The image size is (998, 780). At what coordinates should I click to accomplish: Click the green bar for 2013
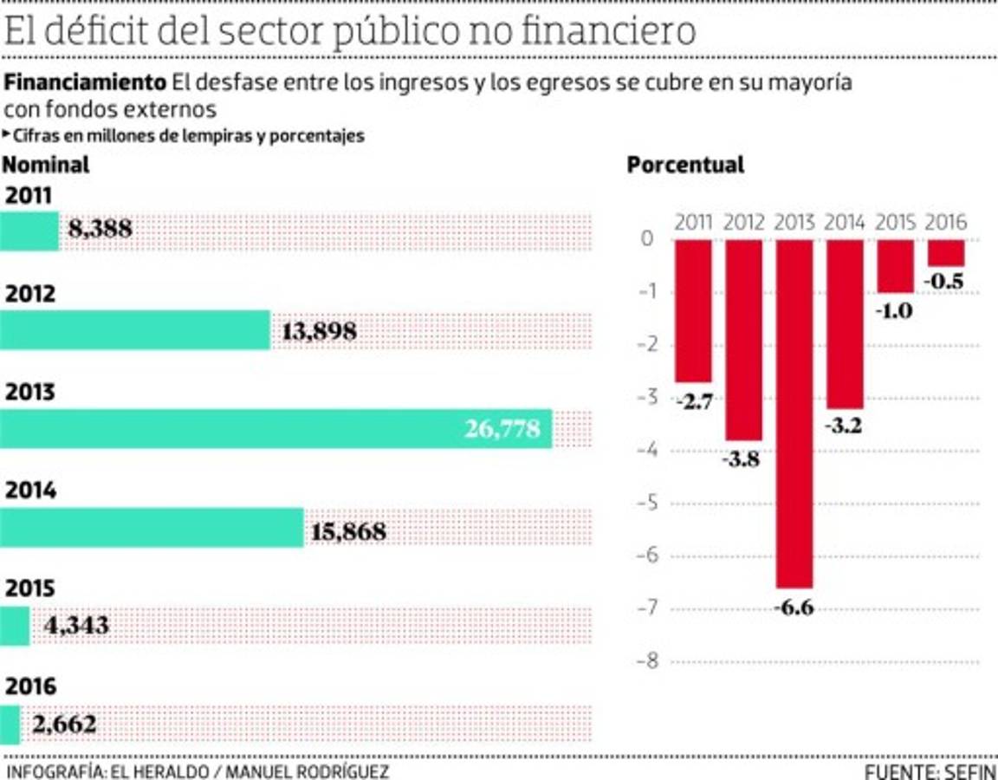pos(275,429)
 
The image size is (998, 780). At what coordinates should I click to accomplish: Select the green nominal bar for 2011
pos(29,231)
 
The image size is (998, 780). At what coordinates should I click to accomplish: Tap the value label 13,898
pos(319,331)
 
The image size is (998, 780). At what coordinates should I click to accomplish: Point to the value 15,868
pos(348,530)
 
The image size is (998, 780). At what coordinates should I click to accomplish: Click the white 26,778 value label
pos(502,429)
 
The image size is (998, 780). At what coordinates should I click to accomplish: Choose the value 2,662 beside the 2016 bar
pos(64,724)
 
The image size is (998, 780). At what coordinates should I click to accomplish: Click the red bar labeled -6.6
pos(794,413)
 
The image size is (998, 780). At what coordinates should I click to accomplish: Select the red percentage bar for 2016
pos(946,253)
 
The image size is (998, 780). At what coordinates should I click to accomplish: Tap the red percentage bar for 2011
pos(693,310)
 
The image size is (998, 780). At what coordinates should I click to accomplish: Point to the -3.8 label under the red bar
pos(742,459)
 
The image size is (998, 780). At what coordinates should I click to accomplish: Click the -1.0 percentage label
pos(894,310)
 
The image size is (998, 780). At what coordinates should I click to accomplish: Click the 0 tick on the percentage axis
pos(648,239)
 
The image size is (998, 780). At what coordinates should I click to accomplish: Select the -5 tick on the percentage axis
pos(648,504)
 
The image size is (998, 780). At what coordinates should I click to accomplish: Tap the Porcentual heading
pos(685,165)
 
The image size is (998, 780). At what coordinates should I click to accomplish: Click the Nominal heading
pos(47,165)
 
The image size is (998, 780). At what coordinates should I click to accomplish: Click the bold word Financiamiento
pos(85,83)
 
